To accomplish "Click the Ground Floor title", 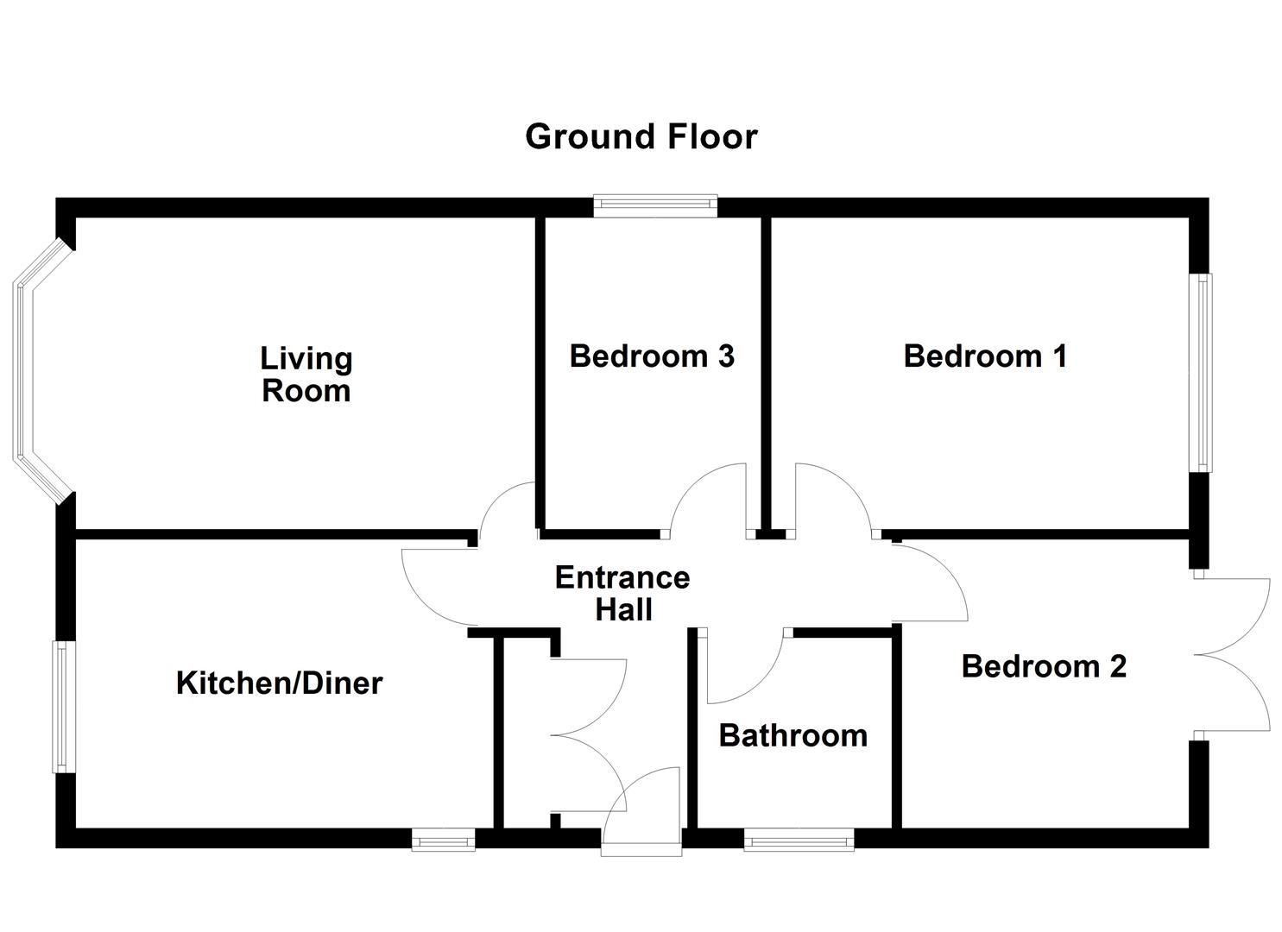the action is tap(641, 136).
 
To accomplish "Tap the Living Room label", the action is tap(306, 375).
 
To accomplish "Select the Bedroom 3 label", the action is tap(652, 356).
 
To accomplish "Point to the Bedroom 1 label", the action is tap(985, 356).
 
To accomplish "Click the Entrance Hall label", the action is tap(622, 594).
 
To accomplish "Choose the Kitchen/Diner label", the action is tap(280, 683).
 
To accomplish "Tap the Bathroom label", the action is tap(793, 736).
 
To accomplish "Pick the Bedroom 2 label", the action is tap(1044, 666).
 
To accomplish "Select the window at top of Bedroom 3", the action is tap(654, 206).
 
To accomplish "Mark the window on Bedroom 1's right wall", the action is tap(1202, 373).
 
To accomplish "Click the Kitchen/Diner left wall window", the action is tap(64, 707).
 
